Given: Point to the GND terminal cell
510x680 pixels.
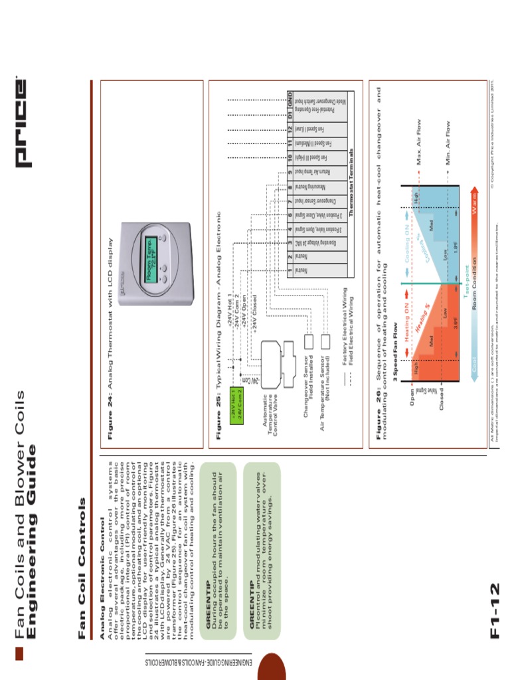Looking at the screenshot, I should pos(290,97).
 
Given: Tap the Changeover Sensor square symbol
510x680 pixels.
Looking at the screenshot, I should pos(308,341).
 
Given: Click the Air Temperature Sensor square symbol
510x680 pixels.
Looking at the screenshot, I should pos(325,341).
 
